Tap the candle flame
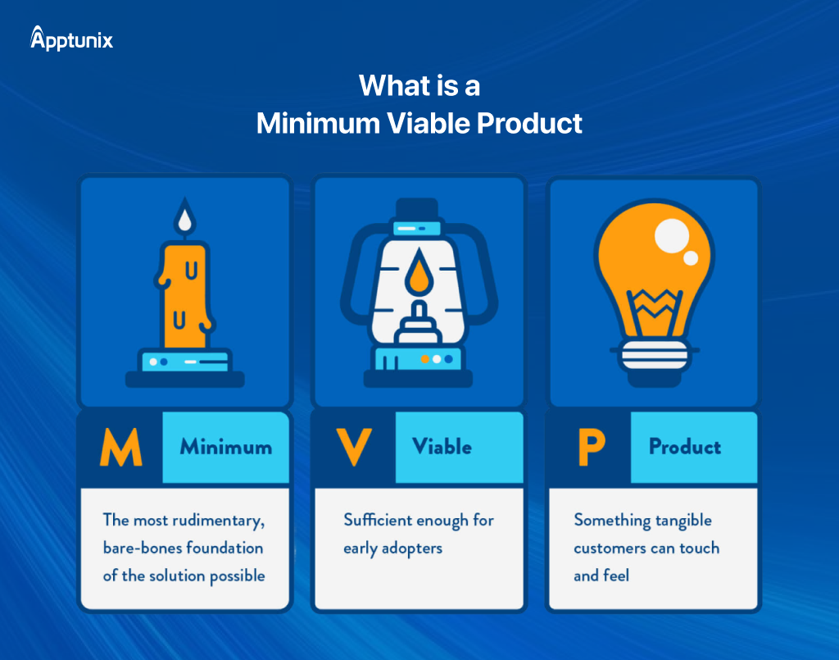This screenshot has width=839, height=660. (185, 216)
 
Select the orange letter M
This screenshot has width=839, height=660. (120, 448)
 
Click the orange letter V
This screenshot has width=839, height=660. (354, 448)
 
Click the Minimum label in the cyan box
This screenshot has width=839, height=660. (225, 448)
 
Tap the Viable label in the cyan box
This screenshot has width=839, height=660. (442, 448)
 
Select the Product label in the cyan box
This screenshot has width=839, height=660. (684, 448)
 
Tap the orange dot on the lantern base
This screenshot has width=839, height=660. (424, 359)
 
